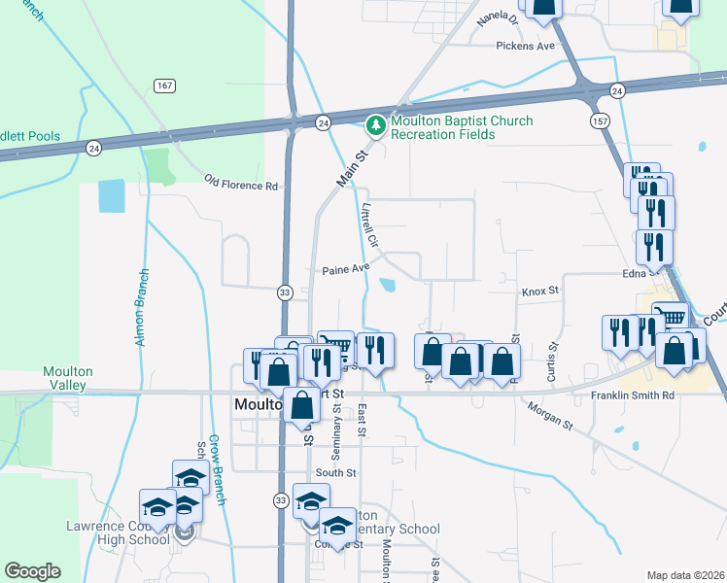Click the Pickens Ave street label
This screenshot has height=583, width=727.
click(525, 46)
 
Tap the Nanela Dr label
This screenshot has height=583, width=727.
click(502, 18)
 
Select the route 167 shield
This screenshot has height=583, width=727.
click(164, 86)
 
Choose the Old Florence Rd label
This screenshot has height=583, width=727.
click(240, 182)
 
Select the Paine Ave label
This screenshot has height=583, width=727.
click(346, 269)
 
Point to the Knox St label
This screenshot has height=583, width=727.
click(540, 291)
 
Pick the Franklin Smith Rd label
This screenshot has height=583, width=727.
click(633, 395)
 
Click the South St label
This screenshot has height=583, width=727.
click(336, 472)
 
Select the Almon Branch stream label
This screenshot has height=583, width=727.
click(140, 307)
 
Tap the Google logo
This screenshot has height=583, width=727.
click(32, 571)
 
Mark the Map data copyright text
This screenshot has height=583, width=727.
click(685, 575)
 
